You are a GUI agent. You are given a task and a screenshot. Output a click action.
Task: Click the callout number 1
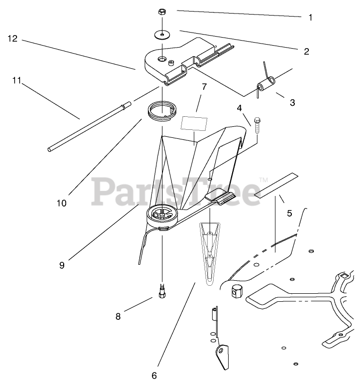(x=310, y=18)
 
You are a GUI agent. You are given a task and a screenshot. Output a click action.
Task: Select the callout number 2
(x=306, y=51)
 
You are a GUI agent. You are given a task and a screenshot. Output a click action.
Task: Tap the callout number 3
(x=292, y=102)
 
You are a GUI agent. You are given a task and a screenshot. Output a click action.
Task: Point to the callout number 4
(x=240, y=107)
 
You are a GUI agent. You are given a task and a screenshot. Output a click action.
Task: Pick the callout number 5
(x=289, y=213)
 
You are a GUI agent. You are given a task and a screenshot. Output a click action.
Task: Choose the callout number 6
(x=154, y=374)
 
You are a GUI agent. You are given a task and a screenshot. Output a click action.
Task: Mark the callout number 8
(x=118, y=316)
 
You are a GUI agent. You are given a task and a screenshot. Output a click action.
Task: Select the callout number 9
(x=62, y=265)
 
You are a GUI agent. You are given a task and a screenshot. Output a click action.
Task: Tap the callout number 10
(x=62, y=203)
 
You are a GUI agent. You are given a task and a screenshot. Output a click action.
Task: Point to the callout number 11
(x=17, y=81)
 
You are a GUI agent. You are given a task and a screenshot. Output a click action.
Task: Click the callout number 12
(x=13, y=38)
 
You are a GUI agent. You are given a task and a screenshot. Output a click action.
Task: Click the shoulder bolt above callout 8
(x=161, y=291)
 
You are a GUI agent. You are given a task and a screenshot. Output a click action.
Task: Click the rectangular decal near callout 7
(x=195, y=123)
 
